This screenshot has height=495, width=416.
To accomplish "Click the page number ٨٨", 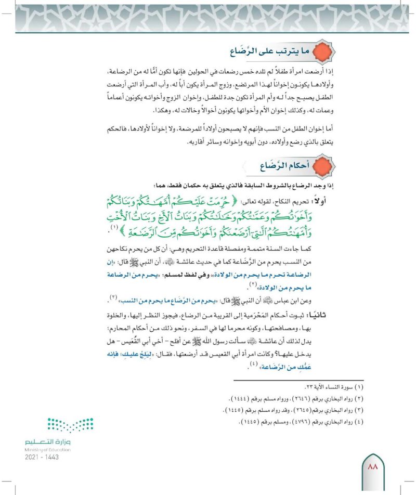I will (373, 468).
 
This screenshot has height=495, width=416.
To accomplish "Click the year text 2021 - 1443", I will (41, 457).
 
